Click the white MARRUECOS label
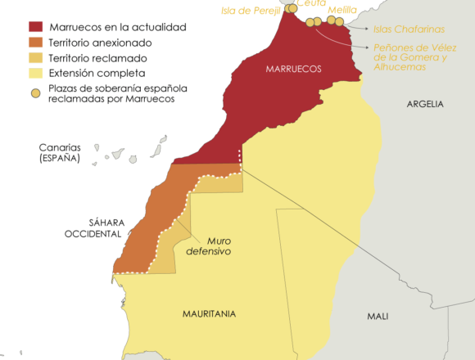pyautogui.click(x=292, y=69)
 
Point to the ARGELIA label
pyautogui.click(x=425, y=104)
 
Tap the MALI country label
pyautogui.click(x=378, y=316)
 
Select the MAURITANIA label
pyautogui.click(x=209, y=313)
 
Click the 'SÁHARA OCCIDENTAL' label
pyautogui.click(x=93, y=227)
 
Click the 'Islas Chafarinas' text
pyautogui.click(x=404, y=29)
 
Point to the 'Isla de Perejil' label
pyautogui.click(x=251, y=11)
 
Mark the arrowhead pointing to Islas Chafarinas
pyautogui.click(x=350, y=26)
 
